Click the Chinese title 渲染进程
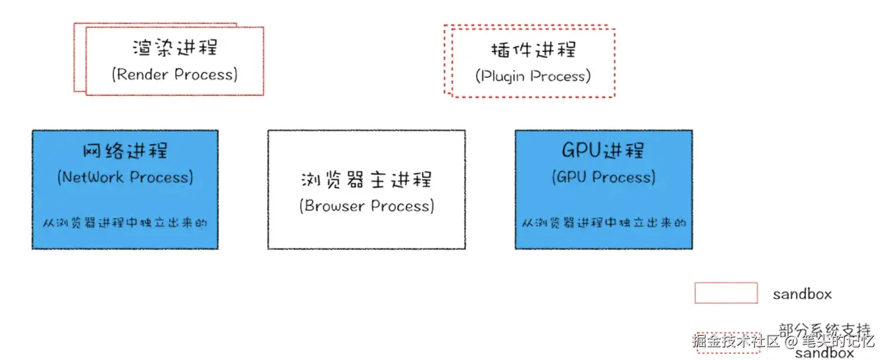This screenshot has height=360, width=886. coord(175,48)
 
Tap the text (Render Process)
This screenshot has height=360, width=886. coord(175,75)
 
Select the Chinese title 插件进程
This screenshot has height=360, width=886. coord(533,50)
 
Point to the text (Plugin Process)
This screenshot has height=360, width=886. coord(533,77)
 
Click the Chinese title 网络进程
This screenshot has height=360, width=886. coord(125,150)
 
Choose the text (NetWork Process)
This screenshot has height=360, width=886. coord(125,178)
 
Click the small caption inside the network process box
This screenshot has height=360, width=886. coord(125,224)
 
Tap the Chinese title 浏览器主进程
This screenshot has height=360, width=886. coord(366,179)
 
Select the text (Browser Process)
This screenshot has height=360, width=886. coord(366,206)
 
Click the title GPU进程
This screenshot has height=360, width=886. coord(603,150)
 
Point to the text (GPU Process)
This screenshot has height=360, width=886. coord(603,178)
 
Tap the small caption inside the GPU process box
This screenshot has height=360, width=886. coord(603,224)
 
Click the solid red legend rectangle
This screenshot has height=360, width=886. coord(726,293)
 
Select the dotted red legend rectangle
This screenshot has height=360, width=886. coord(728,343)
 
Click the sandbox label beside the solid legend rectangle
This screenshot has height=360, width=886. coord(802,294)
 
